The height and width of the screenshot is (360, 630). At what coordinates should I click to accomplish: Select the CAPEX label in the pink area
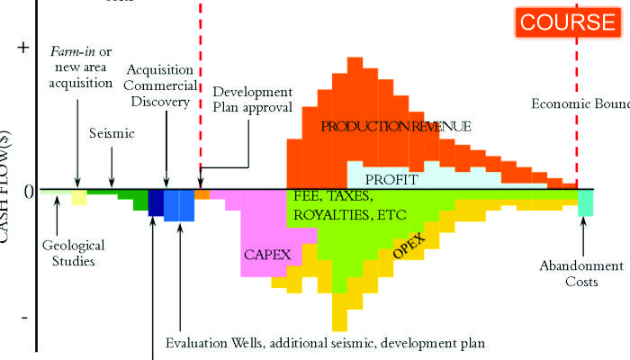pos(267,255)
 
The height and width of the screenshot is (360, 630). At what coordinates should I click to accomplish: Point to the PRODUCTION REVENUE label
pos(382,127)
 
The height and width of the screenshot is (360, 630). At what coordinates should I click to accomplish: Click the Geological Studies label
pos(74,253)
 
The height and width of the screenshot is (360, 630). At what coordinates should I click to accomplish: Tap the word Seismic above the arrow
pos(112,134)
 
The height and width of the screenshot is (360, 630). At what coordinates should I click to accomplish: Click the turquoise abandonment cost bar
pos(585,202)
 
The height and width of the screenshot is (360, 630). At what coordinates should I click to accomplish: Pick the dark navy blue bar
pos(156,202)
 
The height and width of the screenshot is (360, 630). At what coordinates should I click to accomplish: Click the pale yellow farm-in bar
pos(79,197)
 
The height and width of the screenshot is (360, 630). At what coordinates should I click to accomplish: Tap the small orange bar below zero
pos(202,194)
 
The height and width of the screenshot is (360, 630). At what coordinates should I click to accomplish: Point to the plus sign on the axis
pos(23,49)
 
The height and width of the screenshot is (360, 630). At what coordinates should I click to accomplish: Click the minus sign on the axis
pos(24,318)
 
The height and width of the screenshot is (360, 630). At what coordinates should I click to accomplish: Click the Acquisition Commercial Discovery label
pos(165,85)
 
